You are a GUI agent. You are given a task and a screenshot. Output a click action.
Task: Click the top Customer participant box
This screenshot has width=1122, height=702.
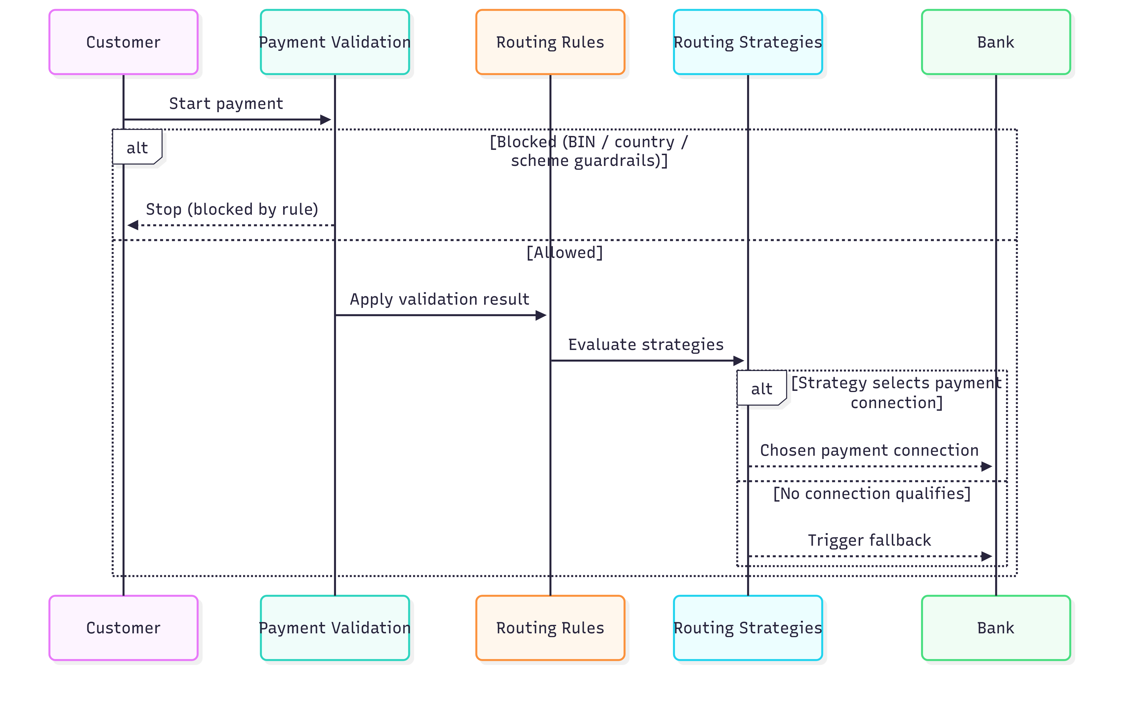[x=123, y=42]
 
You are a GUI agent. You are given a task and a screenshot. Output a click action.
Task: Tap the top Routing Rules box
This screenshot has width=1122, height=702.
[x=550, y=42]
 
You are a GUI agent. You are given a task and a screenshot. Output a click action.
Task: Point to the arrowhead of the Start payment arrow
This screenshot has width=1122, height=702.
[x=326, y=120]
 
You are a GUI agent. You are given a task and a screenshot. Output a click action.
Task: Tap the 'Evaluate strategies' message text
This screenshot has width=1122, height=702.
[x=645, y=344]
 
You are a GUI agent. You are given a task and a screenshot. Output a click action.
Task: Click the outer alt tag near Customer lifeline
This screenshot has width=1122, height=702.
[x=137, y=148]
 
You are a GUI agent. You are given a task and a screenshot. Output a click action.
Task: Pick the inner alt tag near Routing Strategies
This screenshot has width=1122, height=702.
[x=761, y=389]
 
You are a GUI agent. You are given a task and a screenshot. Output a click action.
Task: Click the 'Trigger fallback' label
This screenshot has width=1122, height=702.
[x=869, y=540]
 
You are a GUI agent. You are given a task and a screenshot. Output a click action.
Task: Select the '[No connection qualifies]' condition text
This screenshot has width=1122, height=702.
[x=871, y=493]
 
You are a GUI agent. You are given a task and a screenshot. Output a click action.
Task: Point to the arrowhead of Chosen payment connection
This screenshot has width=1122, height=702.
[x=987, y=466]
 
